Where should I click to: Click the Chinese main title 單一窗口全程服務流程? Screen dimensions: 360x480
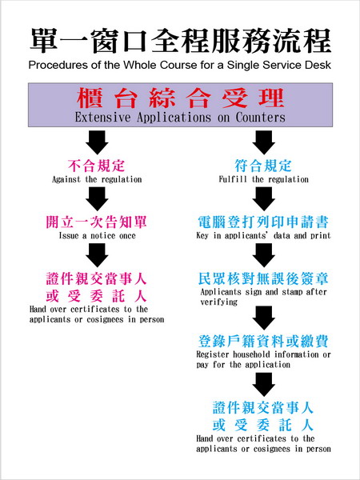pyautogui.click(x=180, y=41)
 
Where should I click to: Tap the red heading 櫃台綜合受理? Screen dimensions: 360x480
pyautogui.click(x=180, y=98)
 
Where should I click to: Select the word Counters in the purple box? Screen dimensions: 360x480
pyautogui.click(x=261, y=118)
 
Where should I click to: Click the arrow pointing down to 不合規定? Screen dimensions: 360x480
pyautogui.click(x=97, y=142)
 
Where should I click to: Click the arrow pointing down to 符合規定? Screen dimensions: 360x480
pyautogui.click(x=263, y=142)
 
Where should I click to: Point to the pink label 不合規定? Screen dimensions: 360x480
pyautogui.click(x=97, y=166)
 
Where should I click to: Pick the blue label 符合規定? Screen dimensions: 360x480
pyautogui.click(x=263, y=166)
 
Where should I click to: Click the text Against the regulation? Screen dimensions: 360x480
pyautogui.click(x=97, y=179)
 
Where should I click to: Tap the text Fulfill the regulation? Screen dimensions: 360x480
pyautogui.click(x=263, y=179)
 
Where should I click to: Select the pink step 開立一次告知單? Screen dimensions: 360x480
pyautogui.click(x=97, y=222)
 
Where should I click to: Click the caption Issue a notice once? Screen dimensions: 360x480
pyautogui.click(x=98, y=235)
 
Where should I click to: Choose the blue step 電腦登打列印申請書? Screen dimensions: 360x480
pyautogui.click(x=263, y=222)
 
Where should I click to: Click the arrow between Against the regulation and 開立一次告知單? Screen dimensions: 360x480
pyautogui.click(x=97, y=198)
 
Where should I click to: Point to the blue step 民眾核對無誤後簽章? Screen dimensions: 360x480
pyautogui.click(x=263, y=278)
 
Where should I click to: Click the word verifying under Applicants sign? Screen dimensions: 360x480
pyautogui.click(x=219, y=302)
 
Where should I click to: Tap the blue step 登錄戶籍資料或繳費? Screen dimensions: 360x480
pyautogui.click(x=263, y=341)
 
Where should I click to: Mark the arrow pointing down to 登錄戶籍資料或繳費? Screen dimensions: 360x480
pyautogui.click(x=263, y=318)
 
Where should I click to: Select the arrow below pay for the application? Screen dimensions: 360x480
pyautogui.click(x=263, y=384)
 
